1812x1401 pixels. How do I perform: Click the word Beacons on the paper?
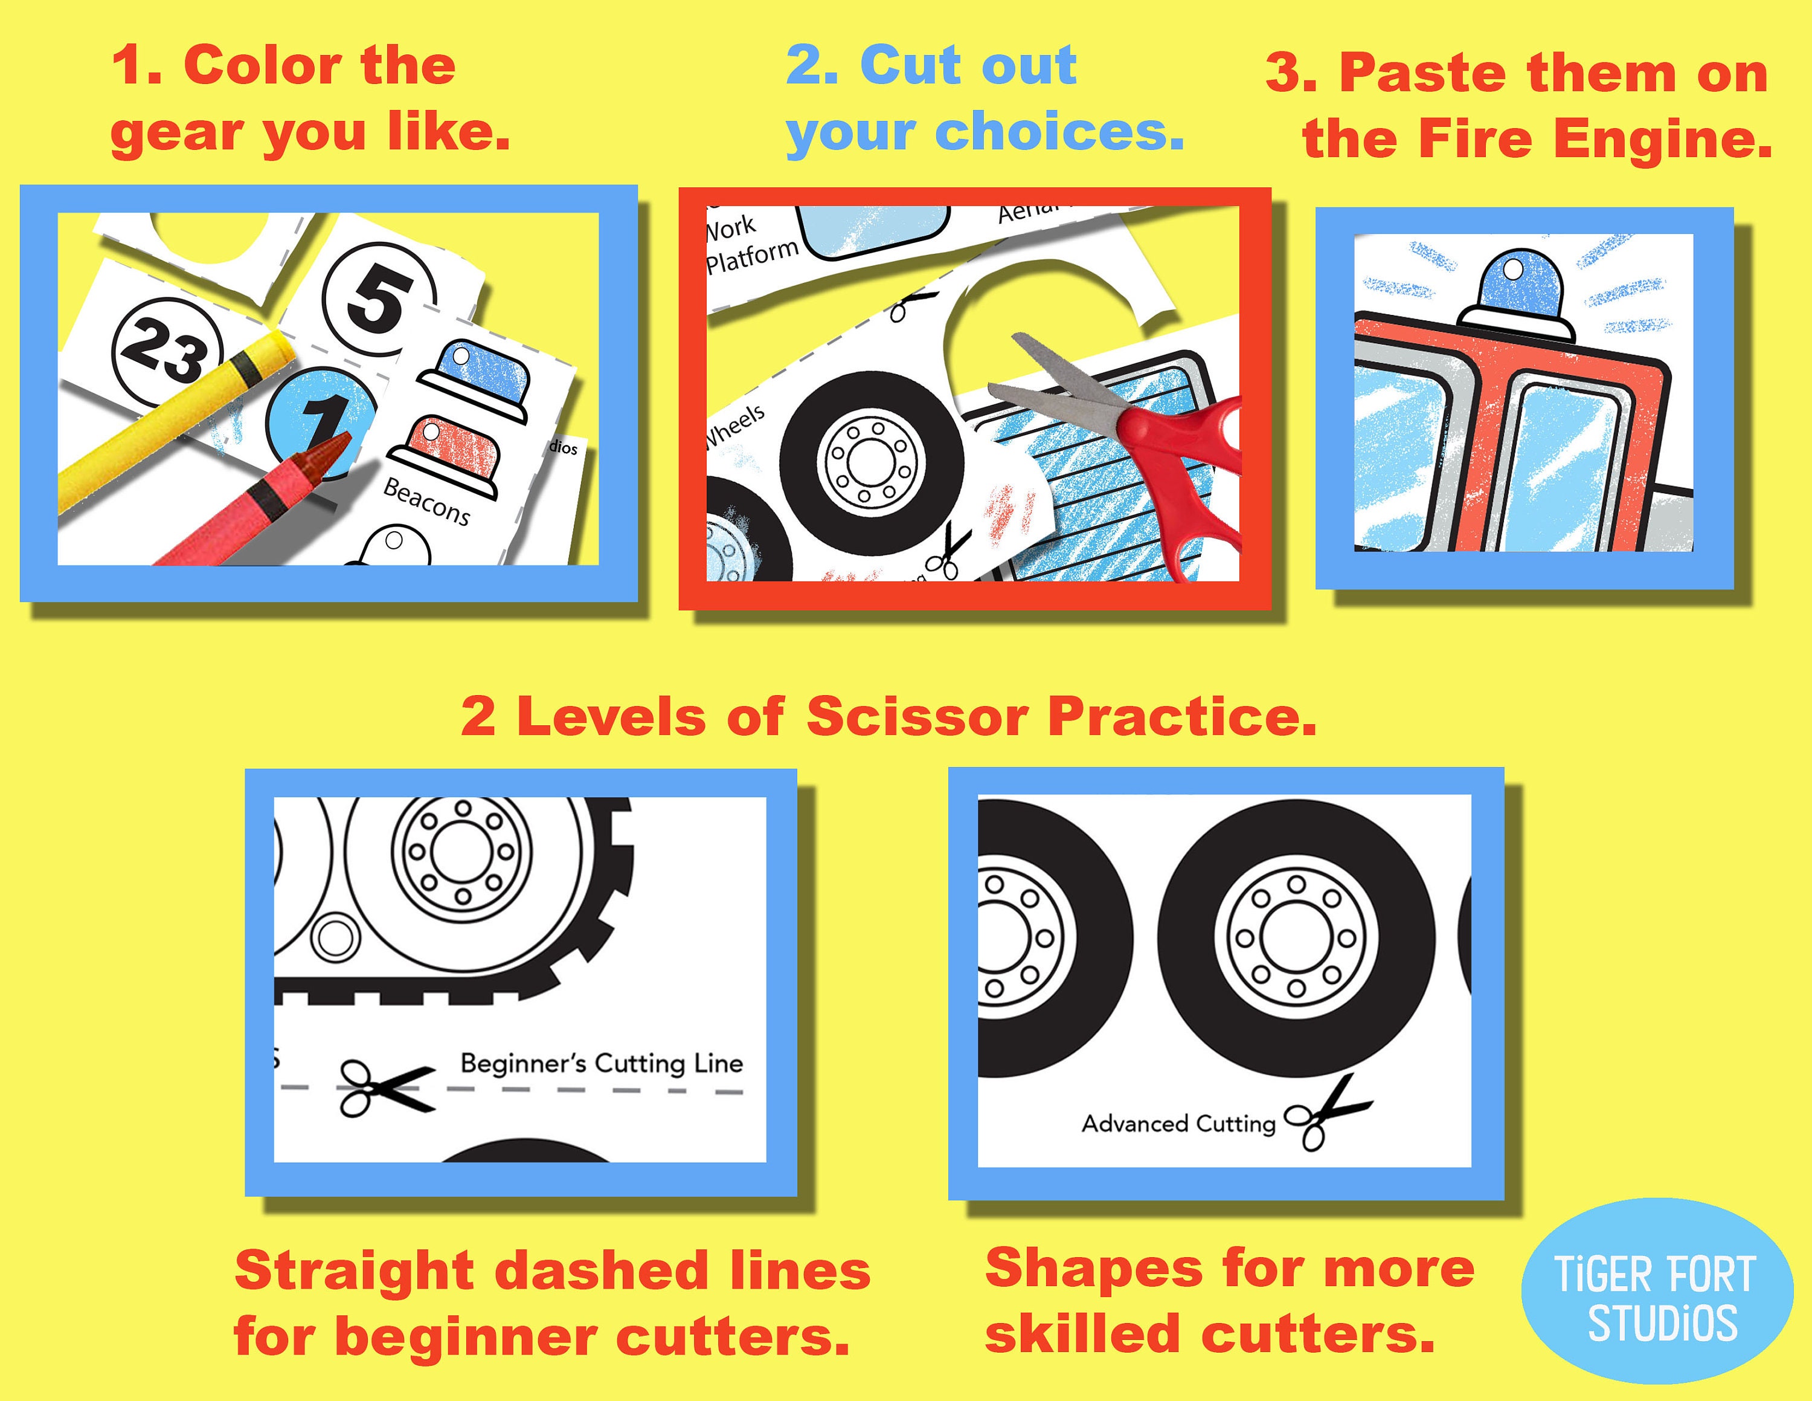coord(426,501)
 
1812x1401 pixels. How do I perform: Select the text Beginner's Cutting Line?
coord(601,1063)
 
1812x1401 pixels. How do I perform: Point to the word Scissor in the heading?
coord(917,716)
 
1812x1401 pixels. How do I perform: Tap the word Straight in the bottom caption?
coord(353,1270)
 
